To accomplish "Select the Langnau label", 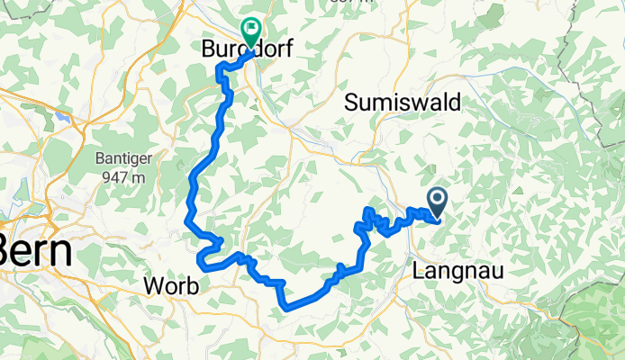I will pos(454,269).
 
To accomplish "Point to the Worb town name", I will pos(172,286).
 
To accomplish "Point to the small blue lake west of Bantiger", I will pos(60,116).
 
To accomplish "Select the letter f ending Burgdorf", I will pos(285,50).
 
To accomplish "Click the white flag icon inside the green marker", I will pos(250,29).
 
